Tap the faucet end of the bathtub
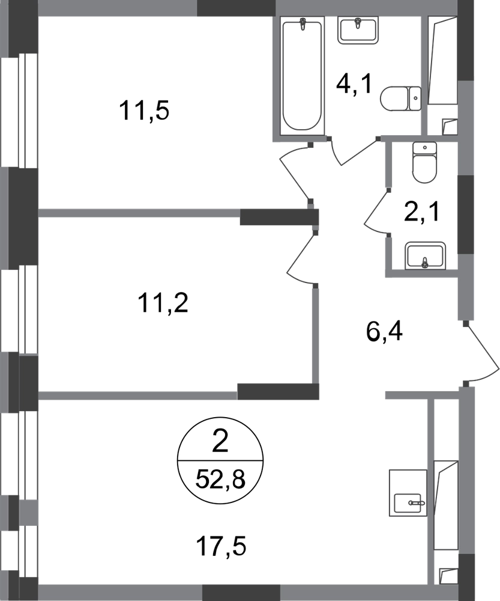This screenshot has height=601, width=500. click(x=303, y=27)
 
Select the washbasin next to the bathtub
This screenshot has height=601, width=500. click(x=358, y=31)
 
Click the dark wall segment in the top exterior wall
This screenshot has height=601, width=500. click(x=236, y=8)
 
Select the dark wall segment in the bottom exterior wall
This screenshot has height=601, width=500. click(x=241, y=591)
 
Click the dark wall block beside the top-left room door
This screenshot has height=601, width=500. click(x=277, y=216)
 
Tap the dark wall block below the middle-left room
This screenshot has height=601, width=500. click(x=278, y=391)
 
